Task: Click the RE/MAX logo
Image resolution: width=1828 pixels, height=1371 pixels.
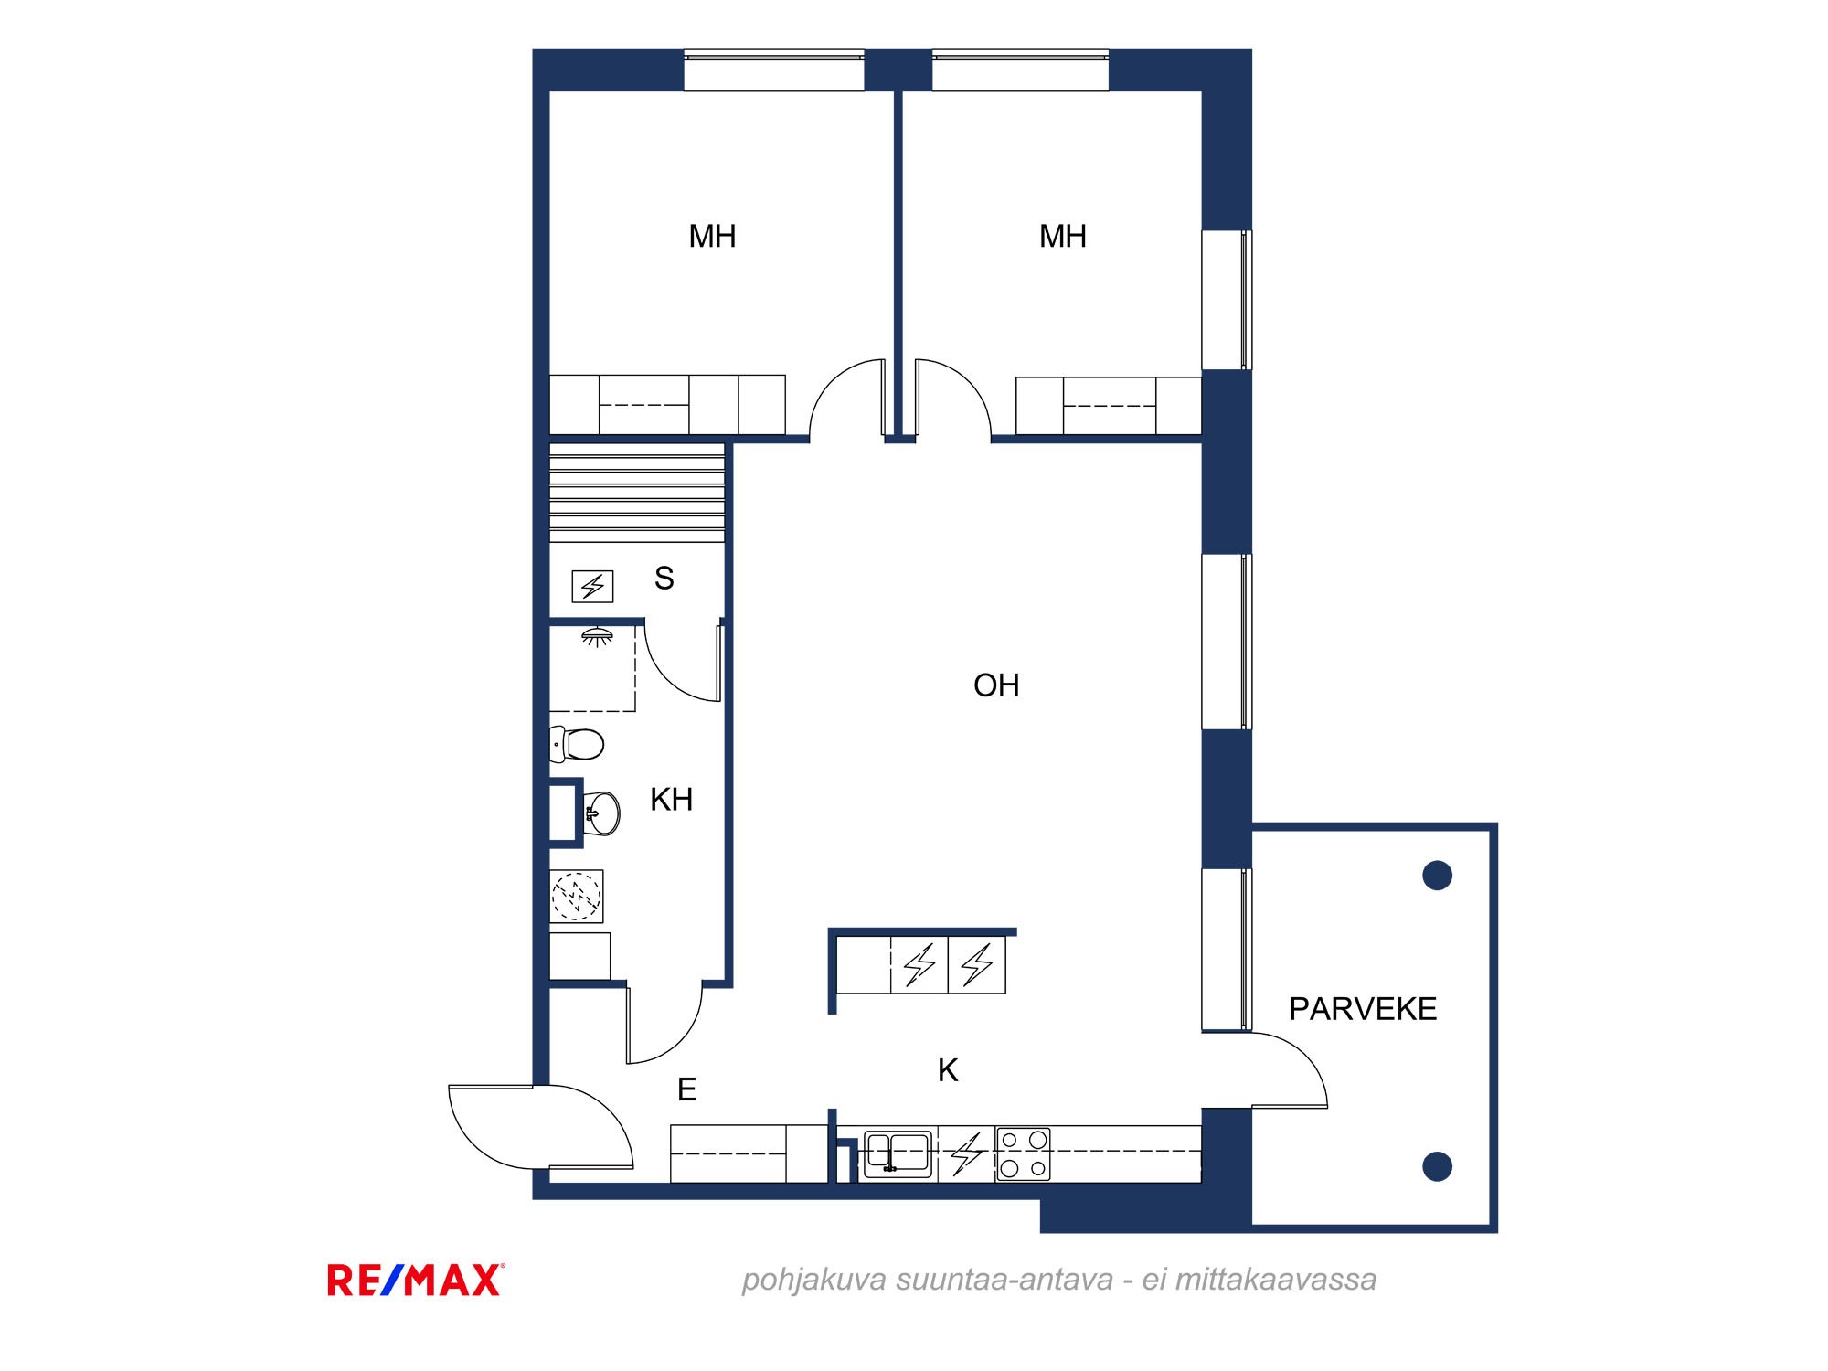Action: pos(416,1281)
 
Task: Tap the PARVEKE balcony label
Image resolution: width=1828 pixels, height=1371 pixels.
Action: pos(1363,1009)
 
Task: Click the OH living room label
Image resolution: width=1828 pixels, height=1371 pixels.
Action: pos(996,685)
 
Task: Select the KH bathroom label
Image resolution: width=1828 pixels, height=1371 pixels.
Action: pos(671,800)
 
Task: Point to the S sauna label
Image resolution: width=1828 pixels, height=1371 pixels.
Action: pos(664,579)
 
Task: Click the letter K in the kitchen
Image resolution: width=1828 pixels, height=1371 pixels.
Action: pos(948,1070)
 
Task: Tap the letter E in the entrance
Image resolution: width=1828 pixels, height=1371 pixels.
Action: pos(686,1089)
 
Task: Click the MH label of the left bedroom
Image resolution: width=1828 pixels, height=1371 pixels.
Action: pos(712,237)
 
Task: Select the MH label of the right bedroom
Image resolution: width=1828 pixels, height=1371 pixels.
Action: pos(1063,237)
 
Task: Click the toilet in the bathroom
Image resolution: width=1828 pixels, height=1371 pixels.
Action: pos(577,744)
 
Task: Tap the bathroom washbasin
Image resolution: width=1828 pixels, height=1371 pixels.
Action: pos(601,813)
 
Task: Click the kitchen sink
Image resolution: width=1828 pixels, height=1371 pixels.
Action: pos(898,1154)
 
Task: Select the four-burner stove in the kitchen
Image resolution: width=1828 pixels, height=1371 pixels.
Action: pos(1023,1154)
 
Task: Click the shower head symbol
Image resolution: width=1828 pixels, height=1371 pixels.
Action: pos(598,637)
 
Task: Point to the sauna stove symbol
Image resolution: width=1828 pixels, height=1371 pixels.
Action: pos(592,586)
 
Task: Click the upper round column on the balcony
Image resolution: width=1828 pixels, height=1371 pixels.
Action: pos(1438,876)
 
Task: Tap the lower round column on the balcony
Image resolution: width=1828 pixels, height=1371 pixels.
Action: pos(1438,1166)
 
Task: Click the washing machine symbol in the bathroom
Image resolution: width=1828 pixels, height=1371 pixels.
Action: pos(577,896)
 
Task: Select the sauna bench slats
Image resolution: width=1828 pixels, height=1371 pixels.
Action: pos(637,494)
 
